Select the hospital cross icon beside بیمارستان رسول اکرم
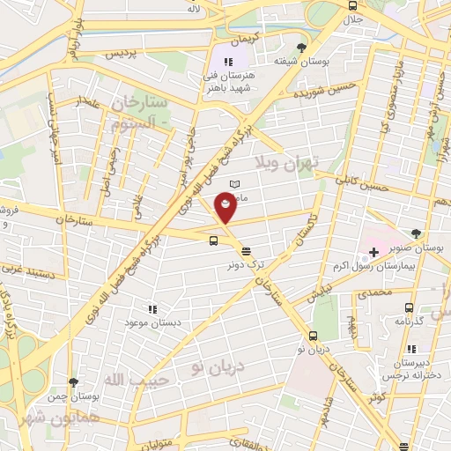(373, 253)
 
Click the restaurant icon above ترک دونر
(245, 250)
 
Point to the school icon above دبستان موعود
(152, 309)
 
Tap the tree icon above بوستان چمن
(72, 382)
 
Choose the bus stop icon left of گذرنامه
(408, 307)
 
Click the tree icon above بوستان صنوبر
(416, 233)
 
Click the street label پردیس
(122, 54)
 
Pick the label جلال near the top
(352, 18)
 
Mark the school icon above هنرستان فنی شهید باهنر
(227, 62)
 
